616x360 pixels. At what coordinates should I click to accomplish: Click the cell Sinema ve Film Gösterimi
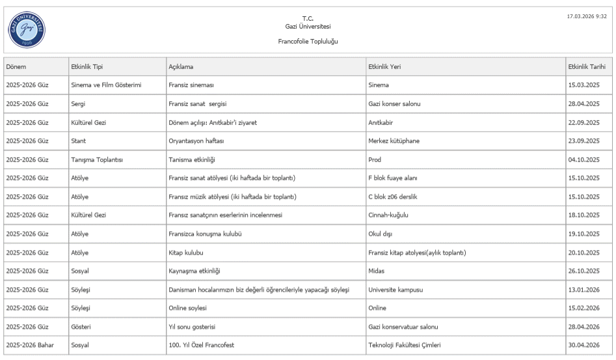click(x=107, y=85)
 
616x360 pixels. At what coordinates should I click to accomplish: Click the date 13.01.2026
click(x=584, y=288)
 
